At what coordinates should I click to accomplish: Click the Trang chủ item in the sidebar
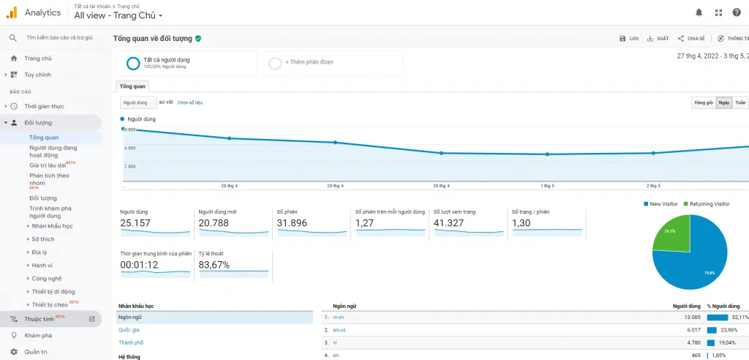tap(37, 59)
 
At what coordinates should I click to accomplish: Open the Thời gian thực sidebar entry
tap(44, 106)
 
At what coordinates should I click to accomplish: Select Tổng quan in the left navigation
tap(44, 138)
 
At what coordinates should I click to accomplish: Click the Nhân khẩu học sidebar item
tap(52, 226)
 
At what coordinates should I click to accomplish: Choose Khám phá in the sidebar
tap(38, 335)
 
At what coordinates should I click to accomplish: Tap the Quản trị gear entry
tap(35, 351)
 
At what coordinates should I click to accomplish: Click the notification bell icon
tap(699, 12)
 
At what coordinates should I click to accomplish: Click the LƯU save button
tap(629, 38)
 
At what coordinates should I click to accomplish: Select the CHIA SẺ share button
tap(691, 38)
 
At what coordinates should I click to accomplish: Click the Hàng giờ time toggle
tap(703, 102)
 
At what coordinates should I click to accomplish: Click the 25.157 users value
tap(135, 222)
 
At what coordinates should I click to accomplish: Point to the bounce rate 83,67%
tap(214, 264)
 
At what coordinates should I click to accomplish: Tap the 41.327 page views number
tap(449, 222)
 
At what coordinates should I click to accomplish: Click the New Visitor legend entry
tap(661, 203)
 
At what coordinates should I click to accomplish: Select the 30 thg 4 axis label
tap(441, 186)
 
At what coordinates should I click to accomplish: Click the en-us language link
tap(339, 330)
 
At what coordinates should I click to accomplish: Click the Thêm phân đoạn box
tap(333, 62)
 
